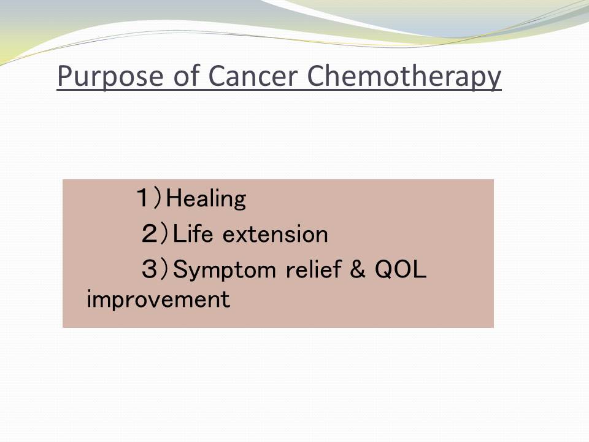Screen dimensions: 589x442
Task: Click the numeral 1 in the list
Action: pos(143,198)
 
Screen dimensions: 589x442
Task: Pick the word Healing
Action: pos(206,198)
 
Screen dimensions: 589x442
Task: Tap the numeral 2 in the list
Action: pos(150,233)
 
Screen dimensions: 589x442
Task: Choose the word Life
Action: pos(193,233)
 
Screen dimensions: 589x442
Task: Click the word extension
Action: pos(275,234)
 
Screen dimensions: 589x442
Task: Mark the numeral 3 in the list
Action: pos(150,269)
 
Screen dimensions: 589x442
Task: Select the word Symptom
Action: pos(225,270)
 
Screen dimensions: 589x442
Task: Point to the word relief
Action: pos(314,269)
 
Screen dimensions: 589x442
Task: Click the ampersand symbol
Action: pos(357,269)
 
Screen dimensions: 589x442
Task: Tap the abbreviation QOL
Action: pos(401,269)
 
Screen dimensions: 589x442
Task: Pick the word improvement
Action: pos(158,300)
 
